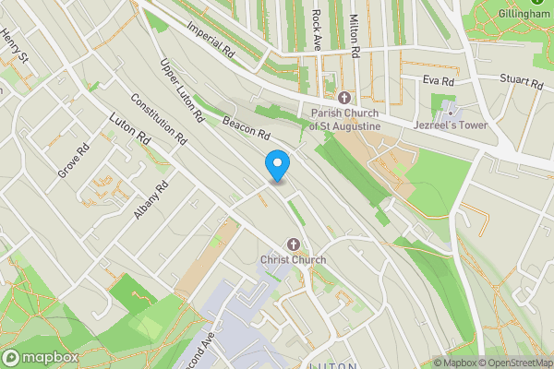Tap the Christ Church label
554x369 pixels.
[294, 260]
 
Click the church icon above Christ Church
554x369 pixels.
[294, 244]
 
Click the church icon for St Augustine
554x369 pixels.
[343, 98]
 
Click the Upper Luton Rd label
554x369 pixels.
[181, 92]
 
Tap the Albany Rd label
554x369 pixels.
[151, 199]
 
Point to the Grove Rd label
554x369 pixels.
[73, 161]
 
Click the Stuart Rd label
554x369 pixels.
[522, 82]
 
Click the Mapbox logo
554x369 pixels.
[39, 357]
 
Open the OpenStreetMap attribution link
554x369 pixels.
[509, 363]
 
